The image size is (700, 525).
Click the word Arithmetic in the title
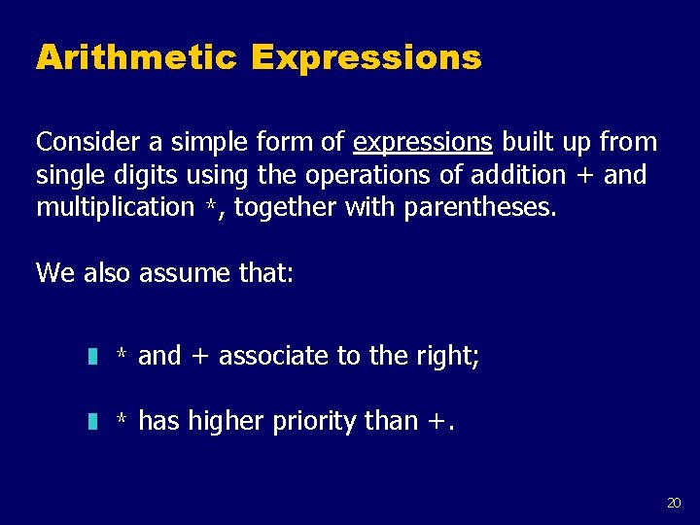click(136, 58)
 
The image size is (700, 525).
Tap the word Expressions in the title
click(366, 58)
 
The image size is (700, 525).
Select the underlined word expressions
click(423, 143)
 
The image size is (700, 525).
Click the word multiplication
click(115, 207)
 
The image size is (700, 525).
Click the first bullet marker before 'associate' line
click(91, 357)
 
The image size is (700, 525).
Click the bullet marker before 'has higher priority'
click(91, 422)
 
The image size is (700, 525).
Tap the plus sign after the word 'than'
click(435, 422)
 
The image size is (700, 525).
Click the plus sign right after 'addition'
click(585, 176)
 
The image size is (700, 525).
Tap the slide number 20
click(674, 503)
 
